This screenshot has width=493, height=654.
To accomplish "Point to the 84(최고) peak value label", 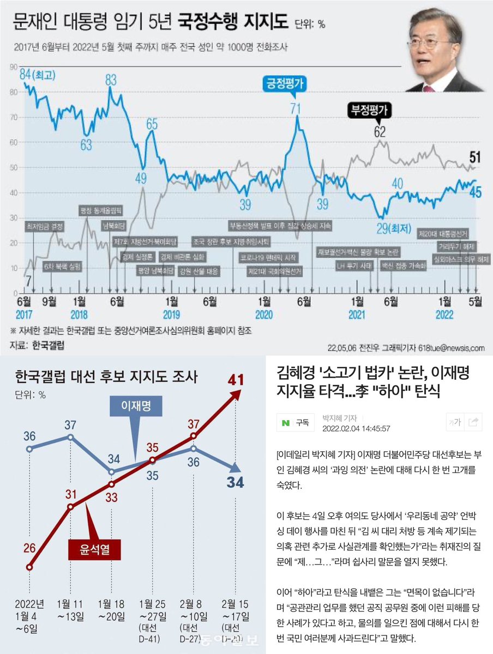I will click(33, 74).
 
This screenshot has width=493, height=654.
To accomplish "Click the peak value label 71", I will click(295, 107).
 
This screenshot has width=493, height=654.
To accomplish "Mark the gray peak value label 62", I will click(380, 131).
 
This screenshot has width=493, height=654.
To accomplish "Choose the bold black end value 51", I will click(474, 159).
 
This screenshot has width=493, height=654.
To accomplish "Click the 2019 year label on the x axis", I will click(172, 315).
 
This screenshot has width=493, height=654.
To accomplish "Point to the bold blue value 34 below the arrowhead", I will click(235, 482).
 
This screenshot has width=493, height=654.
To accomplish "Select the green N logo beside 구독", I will click(285, 422).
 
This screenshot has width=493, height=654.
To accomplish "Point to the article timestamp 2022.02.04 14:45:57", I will click(356, 428).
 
